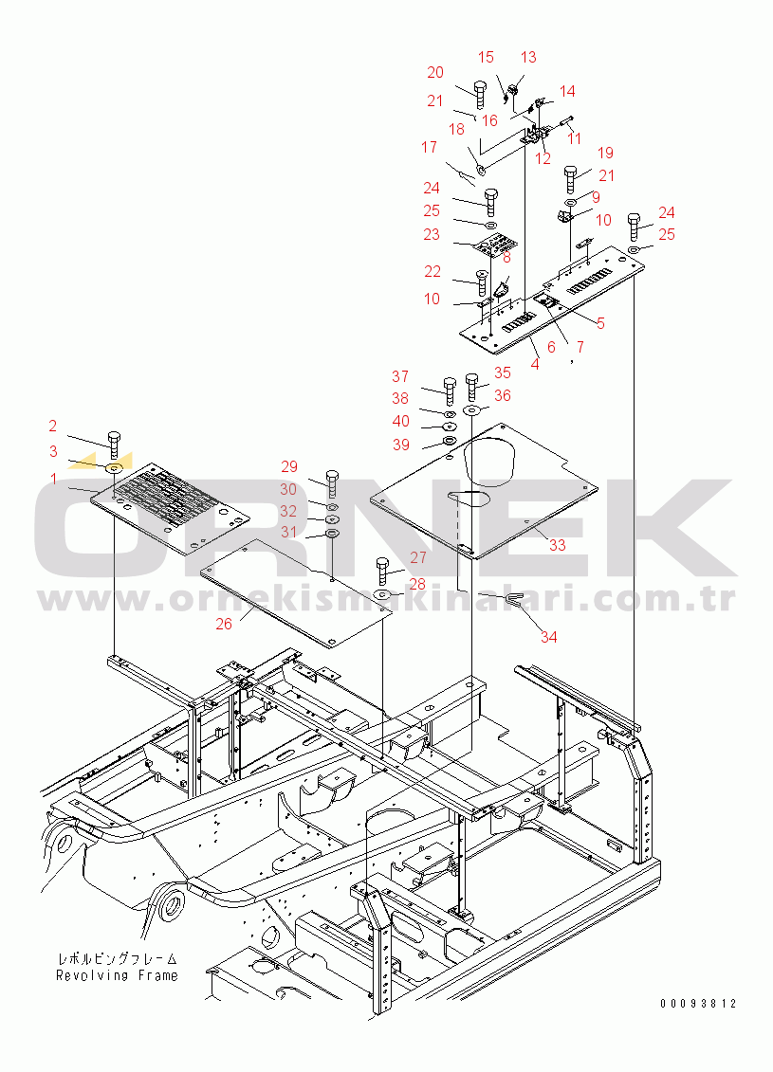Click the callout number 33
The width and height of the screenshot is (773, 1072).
tap(558, 545)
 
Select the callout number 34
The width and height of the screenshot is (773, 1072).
tap(548, 637)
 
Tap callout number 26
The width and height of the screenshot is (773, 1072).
tap(224, 625)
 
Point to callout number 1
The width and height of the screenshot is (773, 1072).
tap(54, 479)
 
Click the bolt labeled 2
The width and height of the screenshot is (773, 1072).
tap(114, 444)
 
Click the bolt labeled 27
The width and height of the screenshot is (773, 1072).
tap(382, 571)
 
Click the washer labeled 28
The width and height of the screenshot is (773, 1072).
tap(382, 593)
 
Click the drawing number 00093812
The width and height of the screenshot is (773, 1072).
tap(698, 1004)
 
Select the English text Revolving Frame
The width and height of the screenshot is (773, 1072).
tap(117, 975)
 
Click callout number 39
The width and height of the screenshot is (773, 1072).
tap(401, 445)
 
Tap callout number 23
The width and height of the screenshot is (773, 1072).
tap(431, 234)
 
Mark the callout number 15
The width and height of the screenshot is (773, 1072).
tap(486, 58)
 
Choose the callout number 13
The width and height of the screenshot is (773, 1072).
tap(528, 58)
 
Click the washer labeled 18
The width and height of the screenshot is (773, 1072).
tap(480, 168)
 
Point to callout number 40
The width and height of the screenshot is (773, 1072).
tap(401, 421)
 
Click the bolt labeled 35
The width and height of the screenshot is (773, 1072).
tap(471, 387)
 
